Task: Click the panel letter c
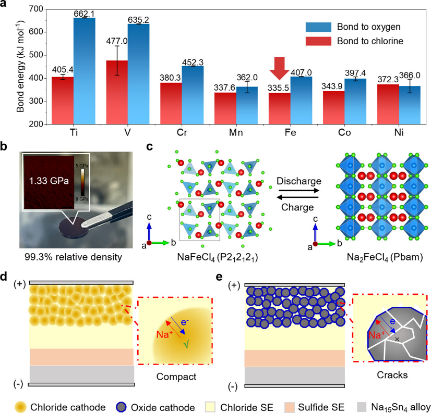pyautogui.click(x=150, y=147)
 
